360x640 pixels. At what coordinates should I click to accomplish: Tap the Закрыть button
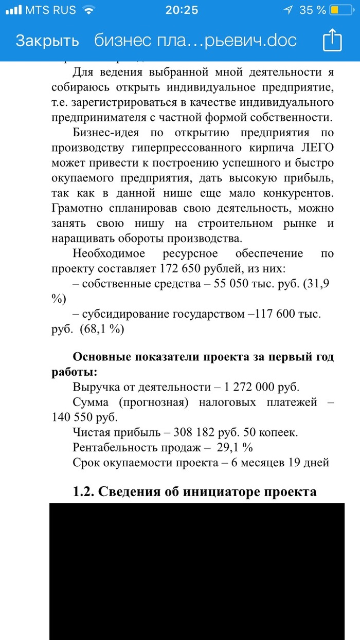pyautogui.click(x=47, y=41)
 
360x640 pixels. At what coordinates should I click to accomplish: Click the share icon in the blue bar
pyautogui.click(x=332, y=40)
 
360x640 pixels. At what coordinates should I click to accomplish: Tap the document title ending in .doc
pyautogui.click(x=195, y=41)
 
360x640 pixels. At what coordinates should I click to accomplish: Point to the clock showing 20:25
pyautogui.click(x=182, y=10)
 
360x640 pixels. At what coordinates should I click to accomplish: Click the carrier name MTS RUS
pyautogui.click(x=50, y=10)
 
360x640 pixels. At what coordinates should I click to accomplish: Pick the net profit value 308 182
pyautogui.click(x=197, y=432)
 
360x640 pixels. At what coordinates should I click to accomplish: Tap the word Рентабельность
pyautogui.click(x=123, y=447)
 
